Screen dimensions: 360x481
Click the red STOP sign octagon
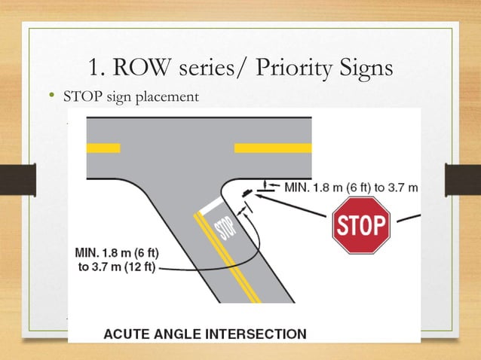[x=361, y=225]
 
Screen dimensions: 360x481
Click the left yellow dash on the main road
[x=103, y=148]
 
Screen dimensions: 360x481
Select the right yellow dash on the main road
[x=273, y=148]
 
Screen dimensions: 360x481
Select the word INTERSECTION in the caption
[x=261, y=333]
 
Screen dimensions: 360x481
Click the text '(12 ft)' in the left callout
[x=138, y=268]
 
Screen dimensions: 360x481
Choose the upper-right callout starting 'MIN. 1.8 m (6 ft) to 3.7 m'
[x=351, y=186]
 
